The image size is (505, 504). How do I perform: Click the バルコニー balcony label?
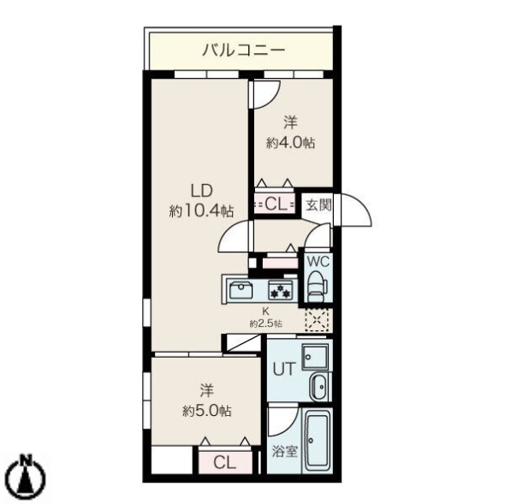(x=243, y=50)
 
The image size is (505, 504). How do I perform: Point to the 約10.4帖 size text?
(x=202, y=210)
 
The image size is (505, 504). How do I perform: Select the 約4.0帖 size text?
(x=290, y=144)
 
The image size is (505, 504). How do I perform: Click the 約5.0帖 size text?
(x=206, y=411)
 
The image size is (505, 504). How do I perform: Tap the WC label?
(x=317, y=261)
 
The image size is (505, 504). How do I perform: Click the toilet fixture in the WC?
(x=317, y=283)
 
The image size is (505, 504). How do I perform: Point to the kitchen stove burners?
(x=281, y=289)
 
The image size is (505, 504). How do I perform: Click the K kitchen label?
(x=266, y=311)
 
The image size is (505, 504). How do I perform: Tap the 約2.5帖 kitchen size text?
(x=266, y=323)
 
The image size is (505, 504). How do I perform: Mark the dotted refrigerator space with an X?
(x=318, y=320)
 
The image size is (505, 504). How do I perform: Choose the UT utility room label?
(x=283, y=370)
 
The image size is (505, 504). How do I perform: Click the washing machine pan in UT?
(x=313, y=354)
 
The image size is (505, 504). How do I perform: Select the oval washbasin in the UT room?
(x=316, y=386)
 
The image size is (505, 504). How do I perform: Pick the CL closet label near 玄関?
(x=276, y=204)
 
